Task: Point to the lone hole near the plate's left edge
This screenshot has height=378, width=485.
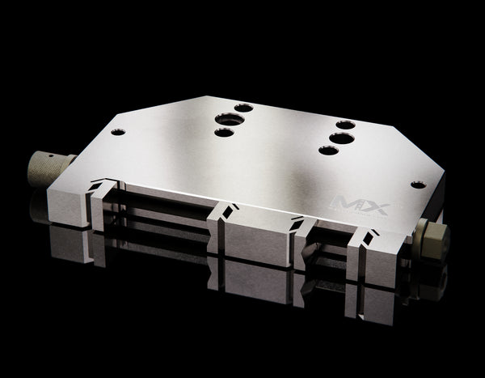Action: [x=119, y=131]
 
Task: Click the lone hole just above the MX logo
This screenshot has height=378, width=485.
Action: [x=417, y=185]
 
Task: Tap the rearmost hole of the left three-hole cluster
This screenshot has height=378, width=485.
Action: [x=243, y=107]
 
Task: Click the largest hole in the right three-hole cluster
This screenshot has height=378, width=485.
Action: [x=341, y=138]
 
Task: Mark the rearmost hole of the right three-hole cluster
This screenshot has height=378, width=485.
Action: [x=345, y=125]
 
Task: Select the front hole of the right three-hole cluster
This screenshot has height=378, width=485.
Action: [x=327, y=150]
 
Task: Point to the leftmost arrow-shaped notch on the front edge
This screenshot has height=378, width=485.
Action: [x=100, y=185]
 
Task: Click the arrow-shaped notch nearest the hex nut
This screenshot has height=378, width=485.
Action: [x=369, y=237]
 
